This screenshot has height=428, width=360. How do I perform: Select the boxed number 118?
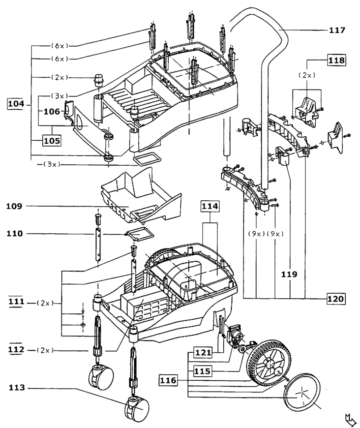tap(336, 60)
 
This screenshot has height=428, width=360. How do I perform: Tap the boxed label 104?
tap(16, 104)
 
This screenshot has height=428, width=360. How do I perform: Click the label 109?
tap(15, 206)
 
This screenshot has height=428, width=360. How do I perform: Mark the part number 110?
tap(15, 234)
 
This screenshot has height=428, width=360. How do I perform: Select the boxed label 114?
tap(210, 207)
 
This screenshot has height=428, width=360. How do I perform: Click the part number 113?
tap(15, 389)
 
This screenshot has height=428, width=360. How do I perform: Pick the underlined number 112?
tap(15, 350)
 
